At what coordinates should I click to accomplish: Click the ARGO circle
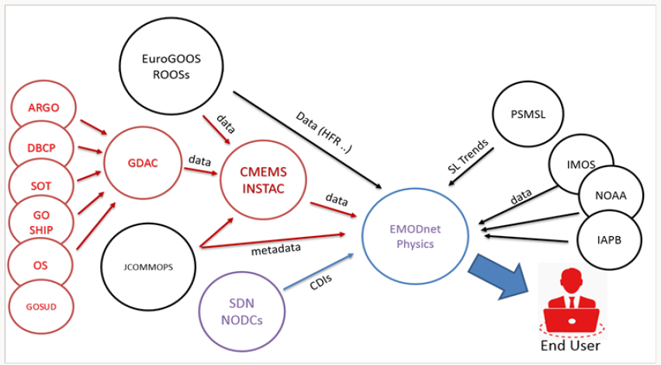click(43, 107)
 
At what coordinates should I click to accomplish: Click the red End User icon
click(570, 302)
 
